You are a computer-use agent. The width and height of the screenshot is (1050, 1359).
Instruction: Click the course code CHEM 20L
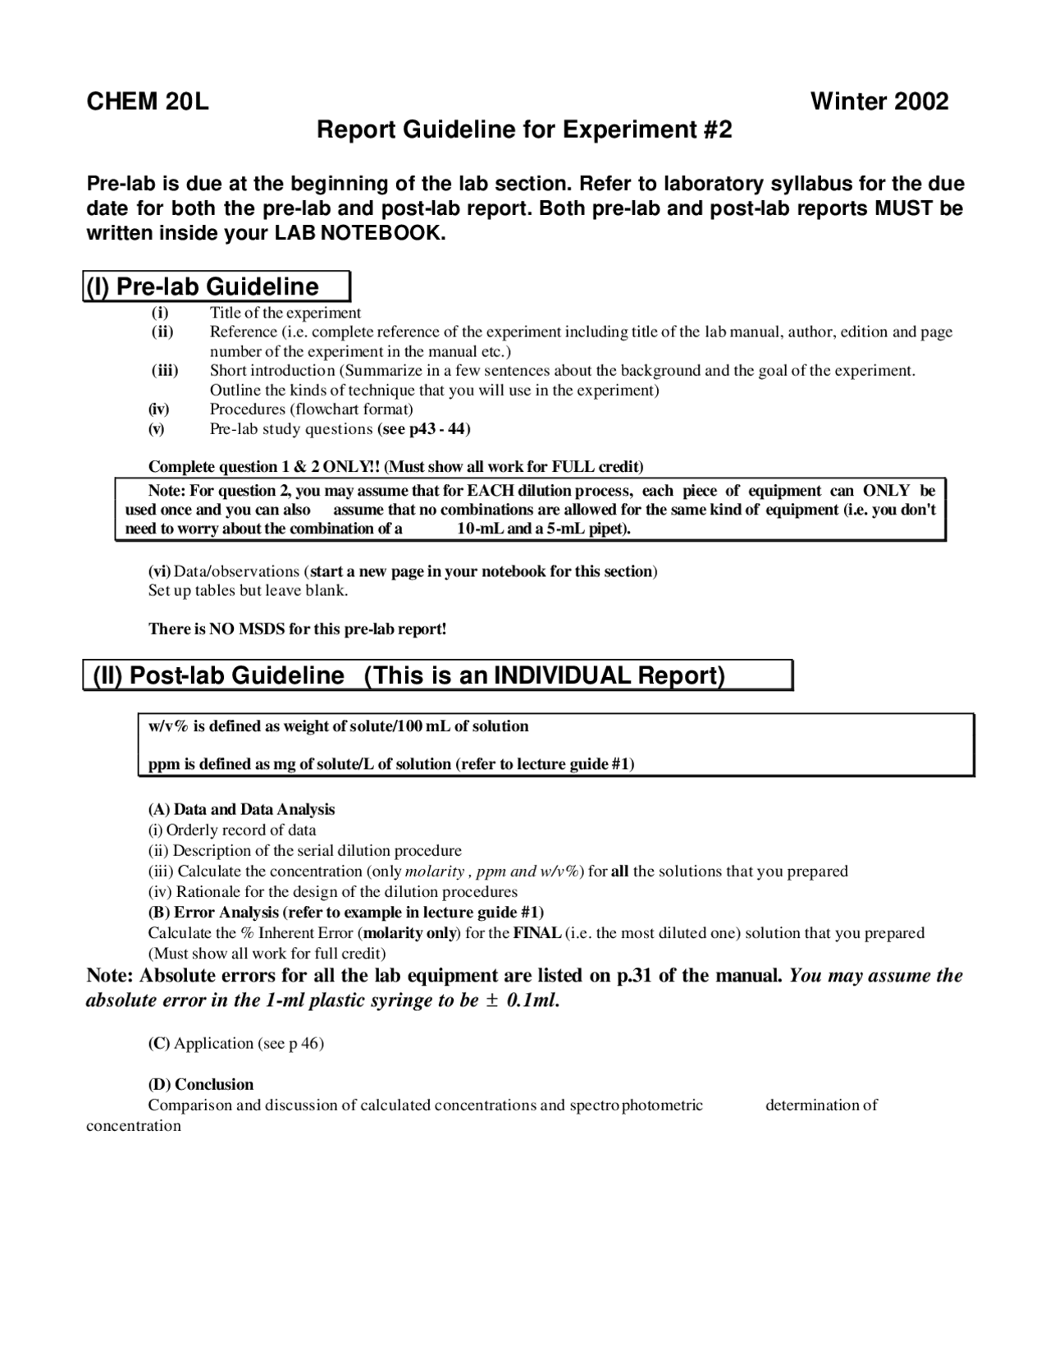(x=148, y=102)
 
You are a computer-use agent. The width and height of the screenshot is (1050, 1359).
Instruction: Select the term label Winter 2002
(x=879, y=102)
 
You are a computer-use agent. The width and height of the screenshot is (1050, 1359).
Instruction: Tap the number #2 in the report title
(x=718, y=130)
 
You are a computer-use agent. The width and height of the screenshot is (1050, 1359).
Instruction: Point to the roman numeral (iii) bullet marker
(x=165, y=370)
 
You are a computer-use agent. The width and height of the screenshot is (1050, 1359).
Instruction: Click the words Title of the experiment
(x=285, y=313)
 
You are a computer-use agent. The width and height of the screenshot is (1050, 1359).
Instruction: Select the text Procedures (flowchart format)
(x=311, y=409)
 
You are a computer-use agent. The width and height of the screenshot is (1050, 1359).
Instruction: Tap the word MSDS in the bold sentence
(x=262, y=629)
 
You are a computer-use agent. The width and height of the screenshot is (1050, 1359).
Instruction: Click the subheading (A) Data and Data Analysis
(x=241, y=809)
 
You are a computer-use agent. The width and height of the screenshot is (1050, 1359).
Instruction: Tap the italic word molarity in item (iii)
(x=434, y=871)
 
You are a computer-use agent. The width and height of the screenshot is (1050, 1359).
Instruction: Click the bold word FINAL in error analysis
(x=537, y=933)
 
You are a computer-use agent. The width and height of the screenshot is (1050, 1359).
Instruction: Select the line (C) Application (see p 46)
(x=235, y=1043)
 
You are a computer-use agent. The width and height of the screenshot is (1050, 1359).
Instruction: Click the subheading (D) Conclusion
(x=200, y=1084)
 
